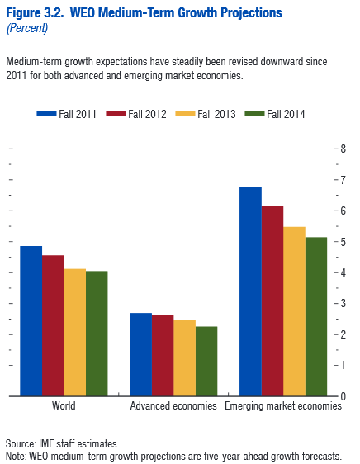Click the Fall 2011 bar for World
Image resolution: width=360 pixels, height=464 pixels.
31,321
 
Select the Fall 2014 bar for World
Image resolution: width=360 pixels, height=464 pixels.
97,334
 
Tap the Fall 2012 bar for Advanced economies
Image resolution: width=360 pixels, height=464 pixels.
163,355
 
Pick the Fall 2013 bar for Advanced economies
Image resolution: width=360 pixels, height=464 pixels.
184,357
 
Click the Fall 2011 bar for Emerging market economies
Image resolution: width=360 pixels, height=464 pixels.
250,291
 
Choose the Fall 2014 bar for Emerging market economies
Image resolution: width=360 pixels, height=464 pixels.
316,316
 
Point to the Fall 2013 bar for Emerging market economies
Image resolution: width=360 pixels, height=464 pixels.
294,311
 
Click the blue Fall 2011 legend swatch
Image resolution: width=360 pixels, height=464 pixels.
48,114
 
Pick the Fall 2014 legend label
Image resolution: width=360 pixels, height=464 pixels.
285,114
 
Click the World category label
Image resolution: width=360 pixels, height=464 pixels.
64,406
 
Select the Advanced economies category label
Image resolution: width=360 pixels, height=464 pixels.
173,406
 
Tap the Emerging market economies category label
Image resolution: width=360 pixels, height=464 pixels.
283,406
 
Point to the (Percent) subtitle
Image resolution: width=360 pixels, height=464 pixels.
26,28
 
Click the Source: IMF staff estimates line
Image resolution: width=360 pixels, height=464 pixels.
62,443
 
